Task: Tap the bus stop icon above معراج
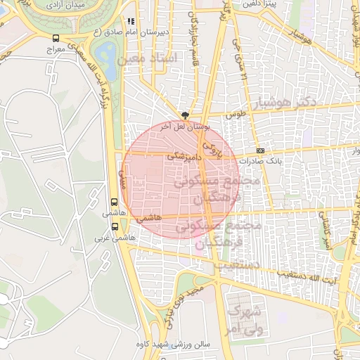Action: (56, 38)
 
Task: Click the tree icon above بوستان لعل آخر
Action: (185, 115)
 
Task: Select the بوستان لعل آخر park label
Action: (185, 126)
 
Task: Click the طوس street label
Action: (234, 113)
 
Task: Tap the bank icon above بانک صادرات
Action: (261, 150)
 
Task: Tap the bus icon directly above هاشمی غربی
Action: (115, 226)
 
